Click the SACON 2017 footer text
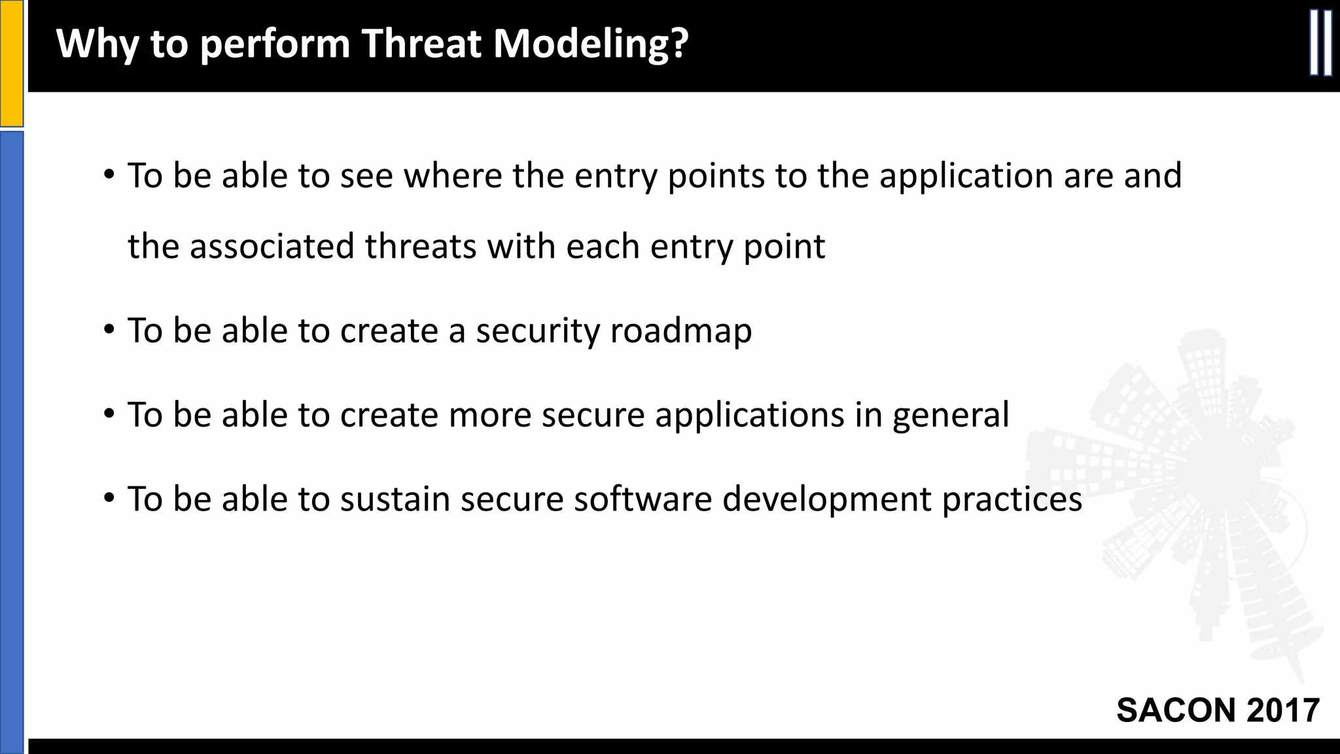(x=1218, y=710)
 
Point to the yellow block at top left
(x=11, y=63)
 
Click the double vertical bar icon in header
(x=1320, y=43)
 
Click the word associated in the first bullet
(x=272, y=247)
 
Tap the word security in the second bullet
(x=537, y=331)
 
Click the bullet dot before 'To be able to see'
(x=109, y=175)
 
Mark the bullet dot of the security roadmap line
(x=109, y=330)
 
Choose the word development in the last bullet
(x=826, y=499)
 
